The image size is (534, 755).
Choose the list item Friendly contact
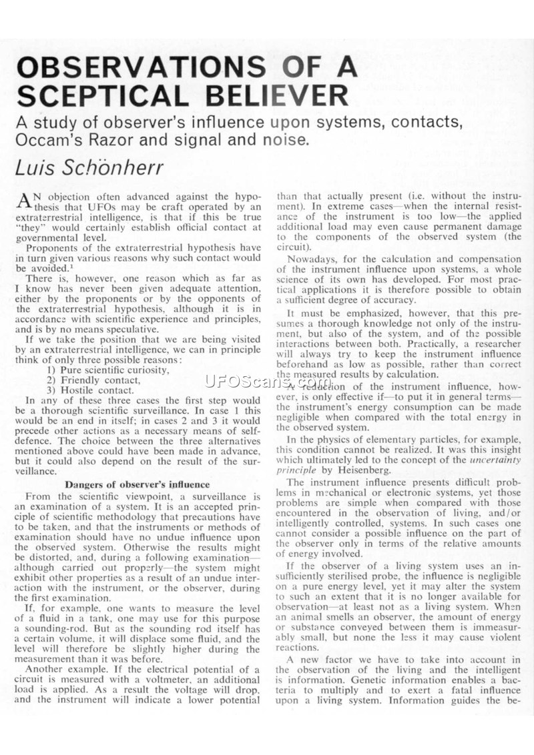tap(101, 380)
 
